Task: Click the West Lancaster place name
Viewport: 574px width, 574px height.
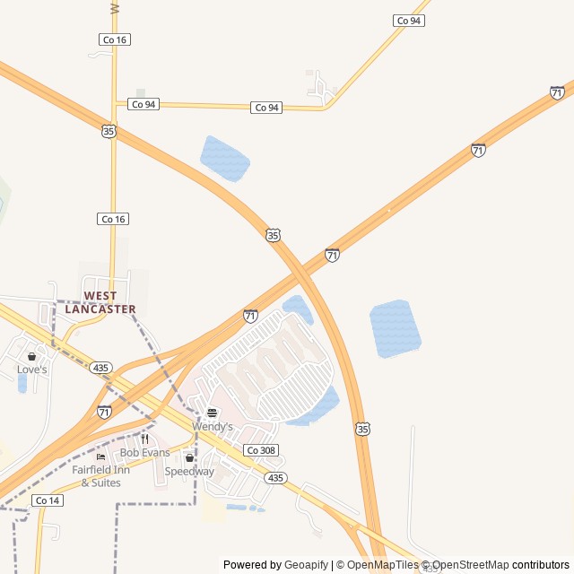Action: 100,302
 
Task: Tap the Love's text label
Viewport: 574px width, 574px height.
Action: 31,370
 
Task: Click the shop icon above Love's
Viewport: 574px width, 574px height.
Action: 31,356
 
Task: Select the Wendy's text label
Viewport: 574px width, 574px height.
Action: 212,427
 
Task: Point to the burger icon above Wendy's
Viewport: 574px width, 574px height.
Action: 212,413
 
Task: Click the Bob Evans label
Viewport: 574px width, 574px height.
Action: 144,453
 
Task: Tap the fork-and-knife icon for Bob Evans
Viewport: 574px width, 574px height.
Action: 144,439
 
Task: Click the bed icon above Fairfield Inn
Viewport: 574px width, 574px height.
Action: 100,457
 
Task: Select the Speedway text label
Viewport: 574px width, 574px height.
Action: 189,472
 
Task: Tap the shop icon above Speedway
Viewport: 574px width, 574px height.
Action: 189,457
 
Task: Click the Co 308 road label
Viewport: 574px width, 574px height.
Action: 261,450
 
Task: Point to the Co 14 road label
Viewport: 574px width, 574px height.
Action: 48,500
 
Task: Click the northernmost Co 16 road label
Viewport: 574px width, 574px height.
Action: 114,39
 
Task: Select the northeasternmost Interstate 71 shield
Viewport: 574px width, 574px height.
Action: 557,92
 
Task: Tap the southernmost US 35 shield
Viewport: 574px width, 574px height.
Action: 361,430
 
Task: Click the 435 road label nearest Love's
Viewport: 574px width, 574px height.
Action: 100,368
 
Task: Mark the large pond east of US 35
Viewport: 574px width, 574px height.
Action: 395,328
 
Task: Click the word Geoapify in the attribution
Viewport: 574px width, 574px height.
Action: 306,565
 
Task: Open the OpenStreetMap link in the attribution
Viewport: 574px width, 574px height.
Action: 472,565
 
